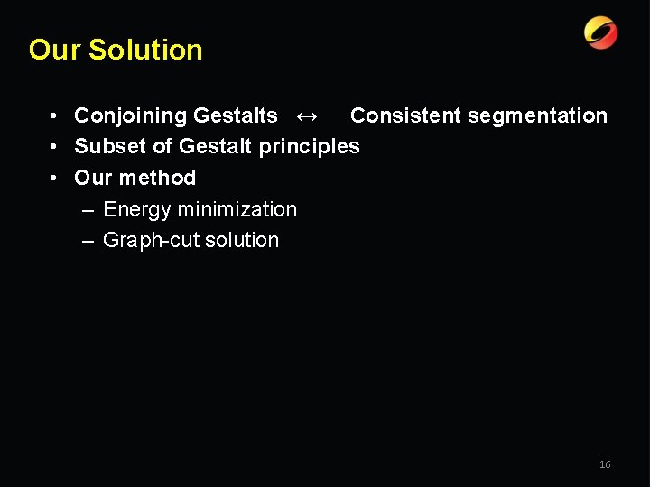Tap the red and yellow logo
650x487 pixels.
pyautogui.click(x=600, y=33)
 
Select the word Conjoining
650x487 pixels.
pyautogui.click(x=131, y=115)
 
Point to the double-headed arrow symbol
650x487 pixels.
pyautogui.click(x=307, y=115)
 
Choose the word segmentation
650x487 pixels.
pyautogui.click(x=543, y=115)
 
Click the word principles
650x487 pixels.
pyautogui.click(x=310, y=146)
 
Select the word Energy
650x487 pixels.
pyautogui.click(x=137, y=209)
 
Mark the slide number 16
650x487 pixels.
pyautogui.click(x=605, y=464)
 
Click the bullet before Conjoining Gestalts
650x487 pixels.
pyautogui.click(x=56, y=116)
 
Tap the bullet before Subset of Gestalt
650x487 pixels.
pyautogui.click(x=56, y=147)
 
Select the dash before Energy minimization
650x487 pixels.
pyautogui.click(x=88, y=209)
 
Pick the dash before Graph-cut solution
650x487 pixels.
pyautogui.click(x=88, y=240)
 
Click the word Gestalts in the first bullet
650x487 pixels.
pyautogui.click(x=236, y=115)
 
